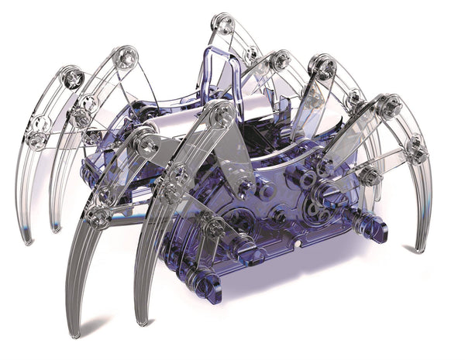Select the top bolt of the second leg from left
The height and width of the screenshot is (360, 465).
point(125,56)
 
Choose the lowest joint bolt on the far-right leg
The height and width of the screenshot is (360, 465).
point(417,152)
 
